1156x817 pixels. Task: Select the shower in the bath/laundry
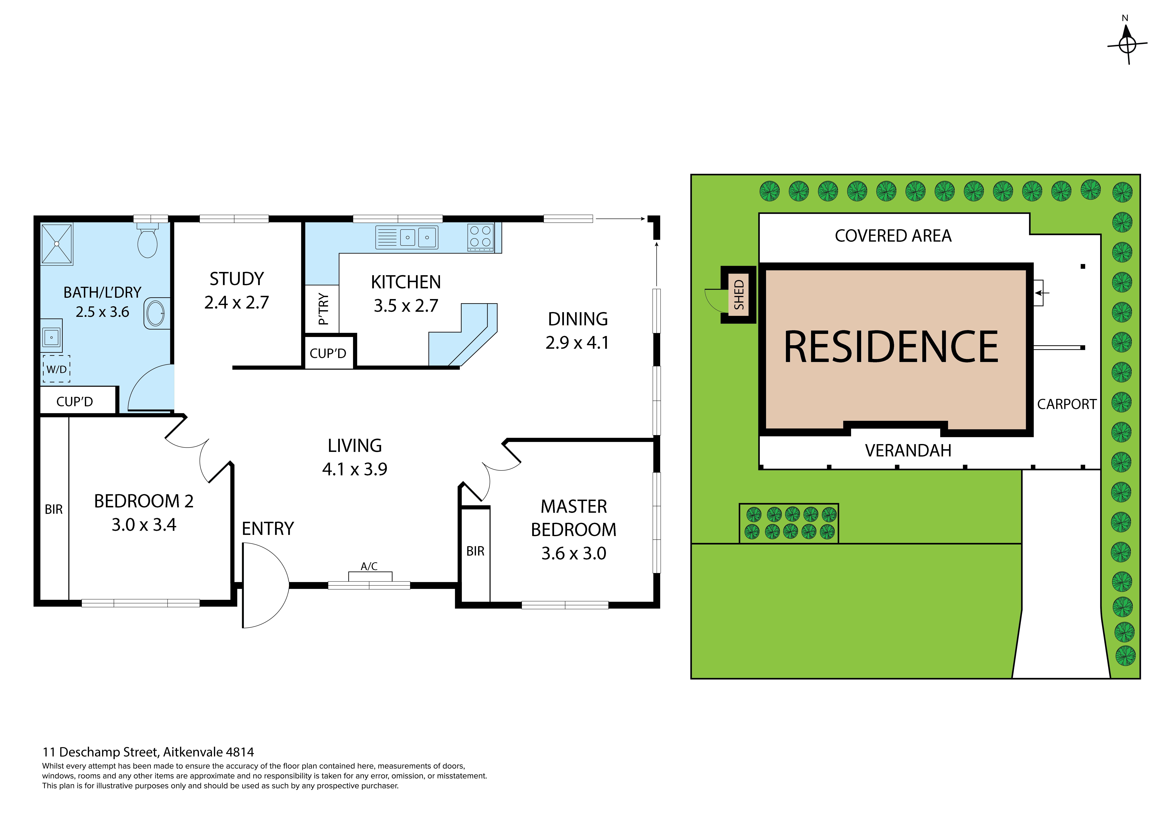click(57, 244)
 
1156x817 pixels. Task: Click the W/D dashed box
click(56, 369)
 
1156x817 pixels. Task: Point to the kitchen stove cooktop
click(480, 237)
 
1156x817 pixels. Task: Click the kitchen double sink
click(417, 237)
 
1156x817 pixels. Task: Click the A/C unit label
click(369, 566)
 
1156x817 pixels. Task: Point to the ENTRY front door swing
click(264, 585)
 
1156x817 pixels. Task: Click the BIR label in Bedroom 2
click(54, 509)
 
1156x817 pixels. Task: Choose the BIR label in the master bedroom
click(475, 551)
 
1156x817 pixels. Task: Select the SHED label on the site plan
click(739, 295)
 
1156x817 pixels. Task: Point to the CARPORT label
click(1066, 404)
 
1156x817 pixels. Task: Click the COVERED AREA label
click(893, 236)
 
